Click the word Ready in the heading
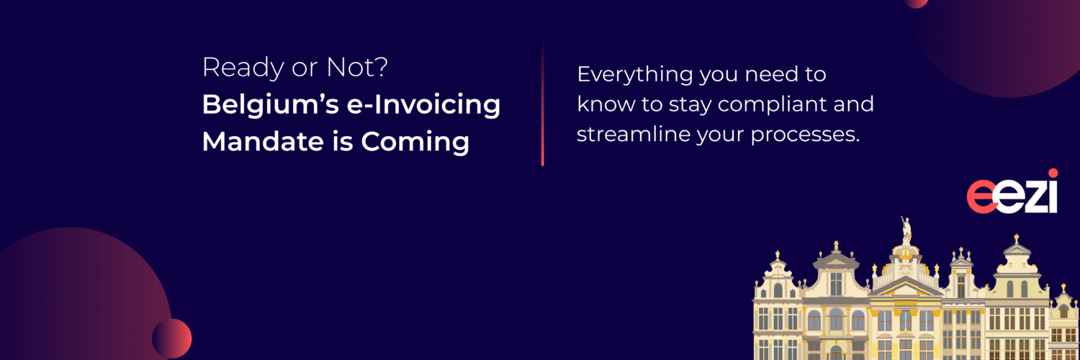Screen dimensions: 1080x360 click(x=243, y=68)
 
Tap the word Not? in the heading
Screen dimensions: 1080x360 click(x=357, y=67)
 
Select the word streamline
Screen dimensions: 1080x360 click(x=633, y=135)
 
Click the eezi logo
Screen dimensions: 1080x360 click(x=1012, y=192)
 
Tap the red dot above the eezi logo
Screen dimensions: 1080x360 click(x=1053, y=174)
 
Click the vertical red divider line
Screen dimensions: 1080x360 click(x=542, y=104)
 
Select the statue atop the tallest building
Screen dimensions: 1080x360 click(x=906, y=230)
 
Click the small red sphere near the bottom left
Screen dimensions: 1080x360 click(x=171, y=338)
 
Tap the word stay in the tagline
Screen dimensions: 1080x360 click(x=690, y=106)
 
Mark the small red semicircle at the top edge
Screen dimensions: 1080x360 click(x=916, y=4)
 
